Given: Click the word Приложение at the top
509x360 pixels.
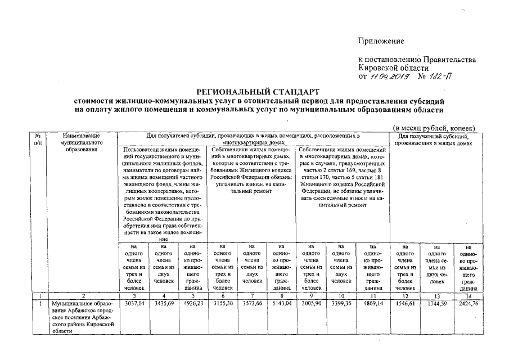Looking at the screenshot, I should point(381,41).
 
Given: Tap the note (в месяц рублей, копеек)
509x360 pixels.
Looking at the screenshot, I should point(434,128).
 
